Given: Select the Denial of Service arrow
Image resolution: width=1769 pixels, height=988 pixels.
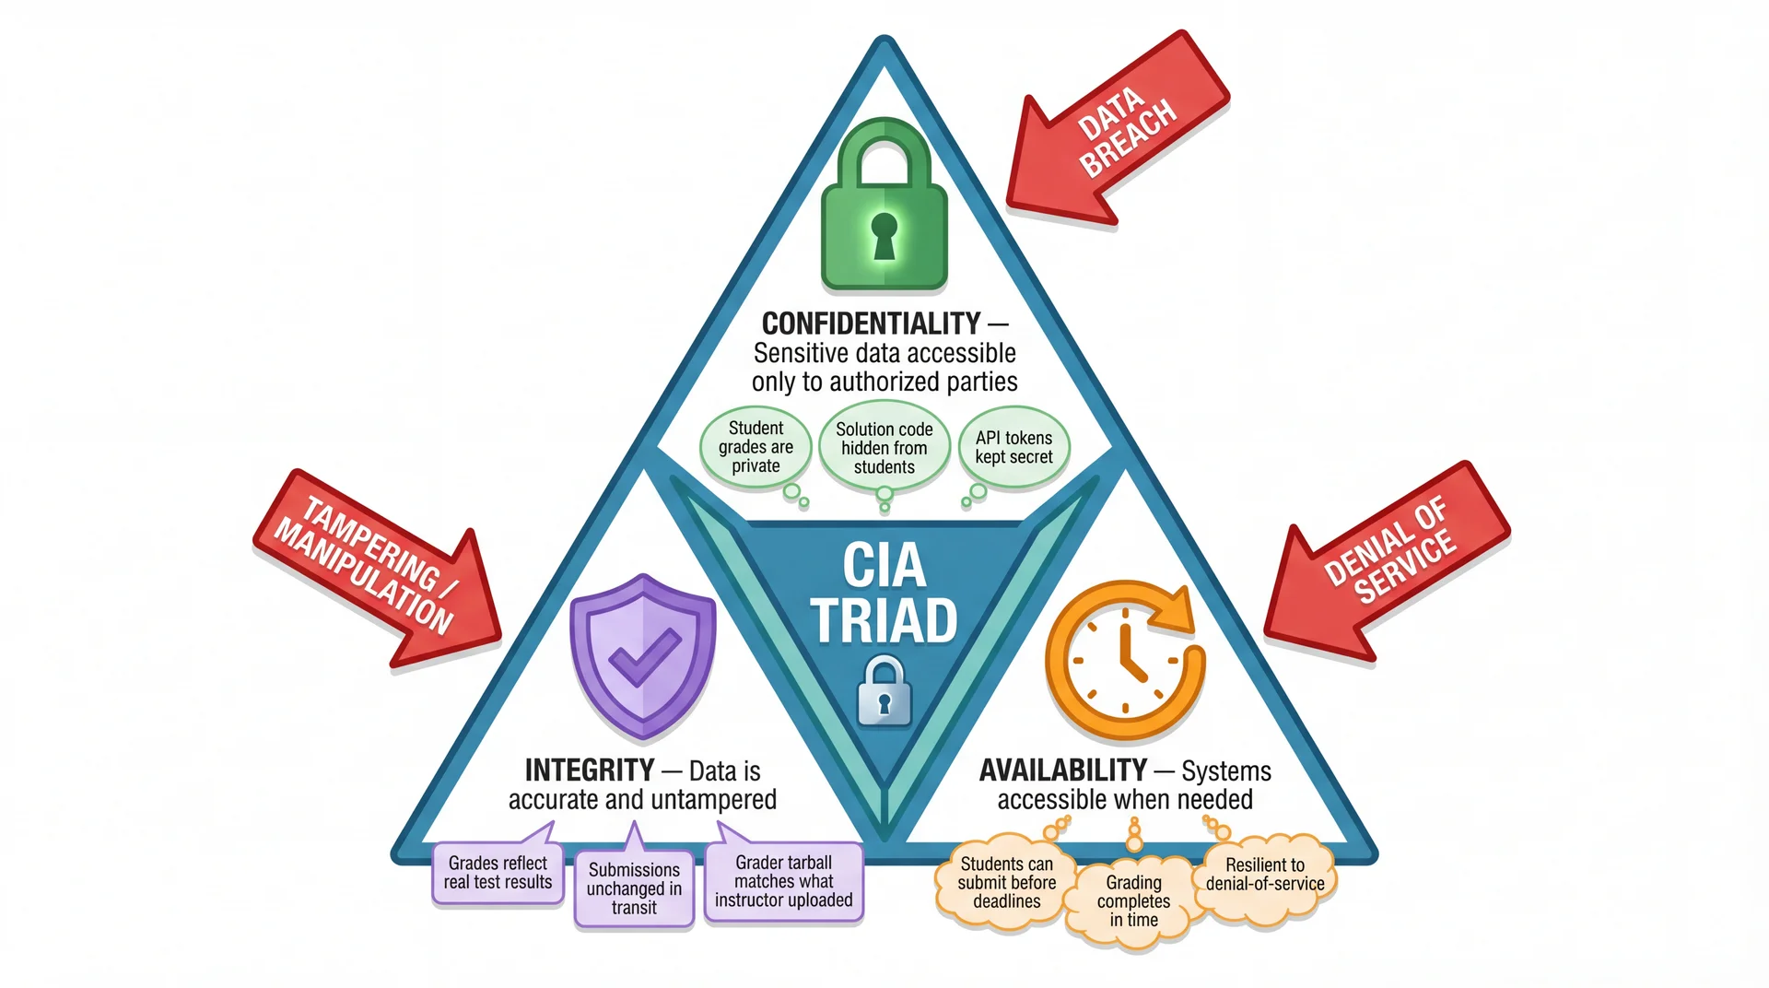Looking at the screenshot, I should pos(1387,561).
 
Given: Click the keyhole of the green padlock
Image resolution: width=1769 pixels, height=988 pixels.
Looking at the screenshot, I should pos(884,235).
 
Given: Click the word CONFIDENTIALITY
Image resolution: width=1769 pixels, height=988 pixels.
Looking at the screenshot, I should pos(871,323).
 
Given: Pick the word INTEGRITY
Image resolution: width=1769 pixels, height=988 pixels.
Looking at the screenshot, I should pos(590,770).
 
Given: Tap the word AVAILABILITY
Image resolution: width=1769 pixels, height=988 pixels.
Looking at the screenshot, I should pos(1062,770).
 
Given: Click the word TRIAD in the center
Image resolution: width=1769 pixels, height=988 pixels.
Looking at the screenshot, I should pos(884,621).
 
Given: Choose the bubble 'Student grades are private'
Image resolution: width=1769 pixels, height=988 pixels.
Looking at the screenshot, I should pos(756,447).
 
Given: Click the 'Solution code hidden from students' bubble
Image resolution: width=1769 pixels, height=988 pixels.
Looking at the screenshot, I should pos(884,448).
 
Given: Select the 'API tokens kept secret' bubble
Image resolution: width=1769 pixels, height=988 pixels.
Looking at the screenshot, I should pos(1013,447).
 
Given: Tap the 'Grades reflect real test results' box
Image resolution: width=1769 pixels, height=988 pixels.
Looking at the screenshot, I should pos(498,873).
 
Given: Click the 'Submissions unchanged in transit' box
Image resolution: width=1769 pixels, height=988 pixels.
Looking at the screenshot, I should pos(634,888).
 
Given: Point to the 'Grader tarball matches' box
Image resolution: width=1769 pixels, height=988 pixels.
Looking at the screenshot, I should pos(784,882).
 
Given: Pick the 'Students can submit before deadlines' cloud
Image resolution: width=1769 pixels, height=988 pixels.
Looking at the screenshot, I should pos(1006,882).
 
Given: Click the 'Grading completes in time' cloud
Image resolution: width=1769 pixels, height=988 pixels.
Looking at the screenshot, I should pos(1133,900).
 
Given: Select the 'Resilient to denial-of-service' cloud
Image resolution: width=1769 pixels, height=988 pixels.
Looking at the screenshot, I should pos(1265,875).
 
